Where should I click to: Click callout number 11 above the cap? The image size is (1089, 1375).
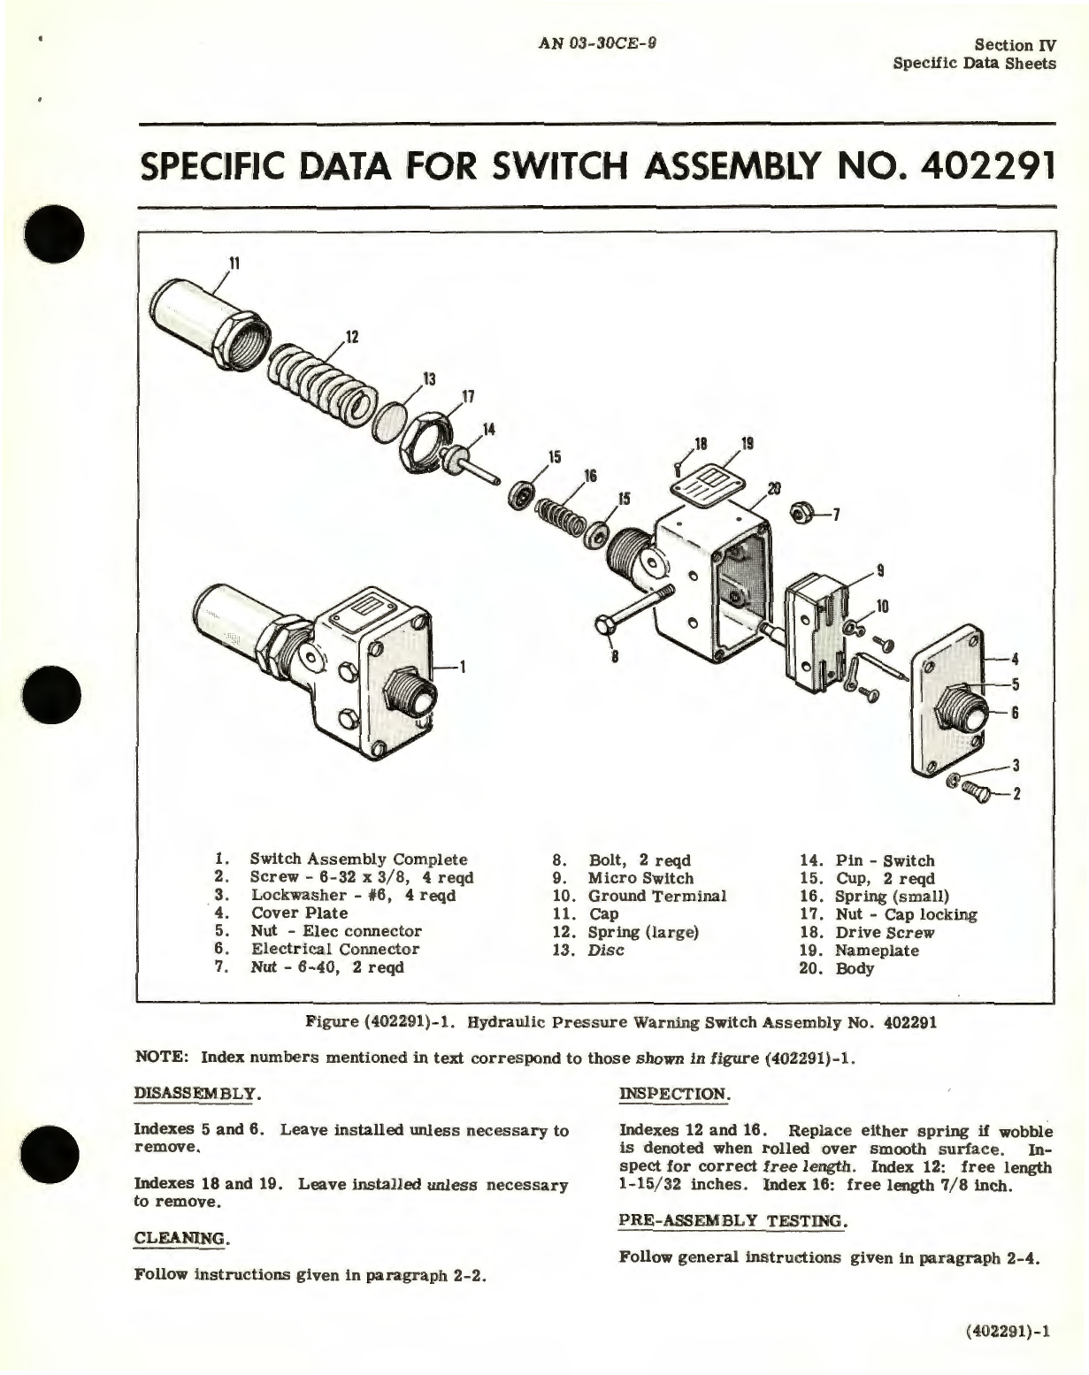(234, 263)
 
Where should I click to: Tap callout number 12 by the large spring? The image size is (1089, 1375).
(352, 337)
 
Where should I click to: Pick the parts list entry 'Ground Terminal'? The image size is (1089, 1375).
(656, 896)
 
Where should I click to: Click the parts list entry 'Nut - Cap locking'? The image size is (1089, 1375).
(906, 914)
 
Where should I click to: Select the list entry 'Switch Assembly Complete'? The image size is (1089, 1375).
(358, 859)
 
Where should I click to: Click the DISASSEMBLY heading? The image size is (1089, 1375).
(196, 1093)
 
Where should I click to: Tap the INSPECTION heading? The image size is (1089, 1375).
(674, 1093)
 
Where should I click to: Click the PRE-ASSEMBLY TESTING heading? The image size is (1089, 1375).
(732, 1220)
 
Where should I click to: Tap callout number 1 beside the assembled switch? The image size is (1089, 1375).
(467, 667)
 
